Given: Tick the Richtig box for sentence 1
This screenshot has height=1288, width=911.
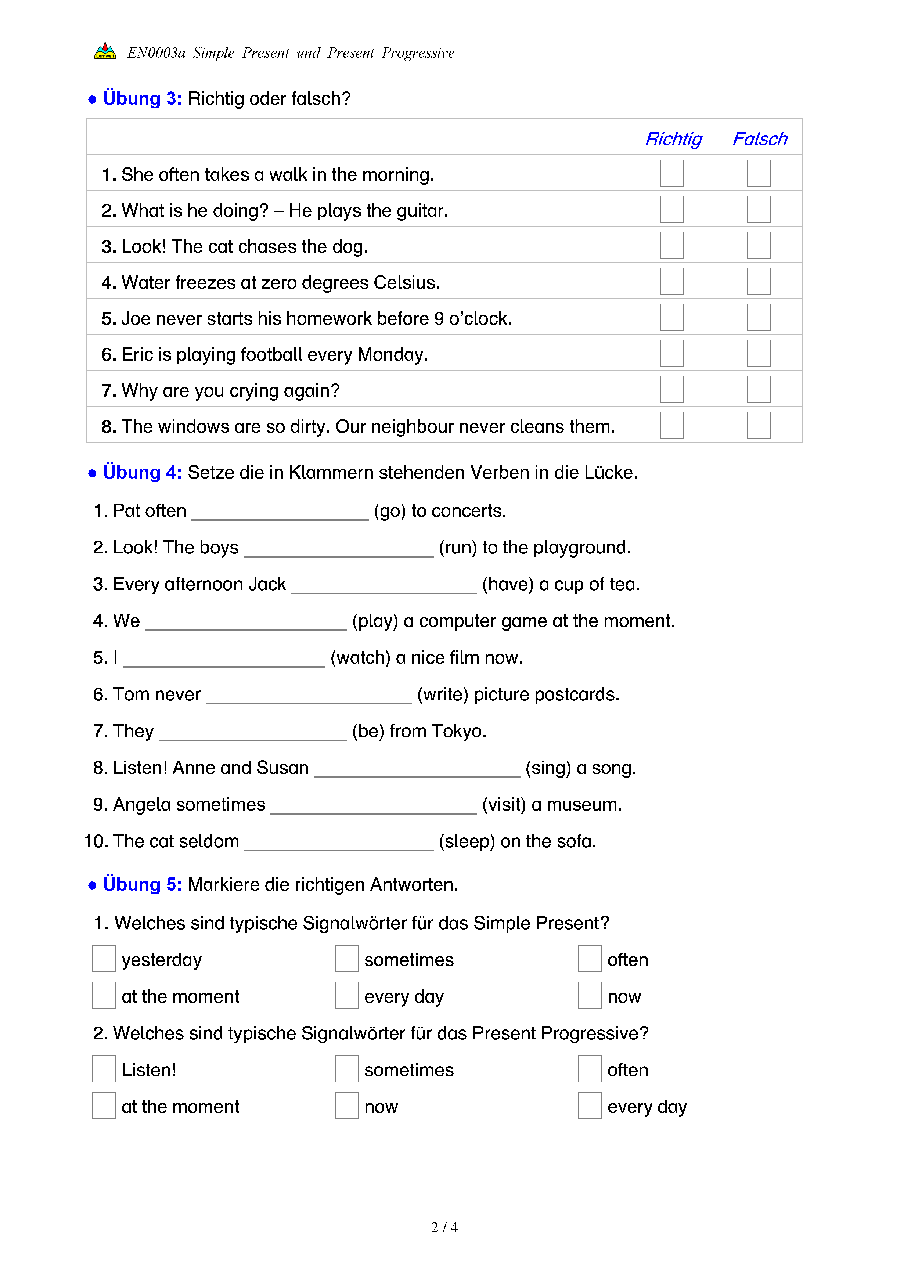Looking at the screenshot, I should pos(671,173).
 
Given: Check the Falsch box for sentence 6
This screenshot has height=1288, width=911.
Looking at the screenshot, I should pos(759,353).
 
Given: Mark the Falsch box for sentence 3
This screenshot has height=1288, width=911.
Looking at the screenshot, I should pos(759,245).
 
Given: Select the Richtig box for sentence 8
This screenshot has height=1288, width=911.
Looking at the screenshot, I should pos(671,425).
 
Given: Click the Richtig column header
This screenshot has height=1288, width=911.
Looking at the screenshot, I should pos(673,138).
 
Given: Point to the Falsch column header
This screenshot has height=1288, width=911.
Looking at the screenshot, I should pos(760,138).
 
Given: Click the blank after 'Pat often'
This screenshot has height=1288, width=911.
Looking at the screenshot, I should pos(280,513).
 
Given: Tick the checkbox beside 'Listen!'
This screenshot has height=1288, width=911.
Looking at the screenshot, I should pos(104,1069).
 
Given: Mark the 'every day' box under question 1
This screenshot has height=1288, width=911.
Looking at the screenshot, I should pos(347,995).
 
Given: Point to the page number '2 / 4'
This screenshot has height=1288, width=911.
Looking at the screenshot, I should pos(444,1227).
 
